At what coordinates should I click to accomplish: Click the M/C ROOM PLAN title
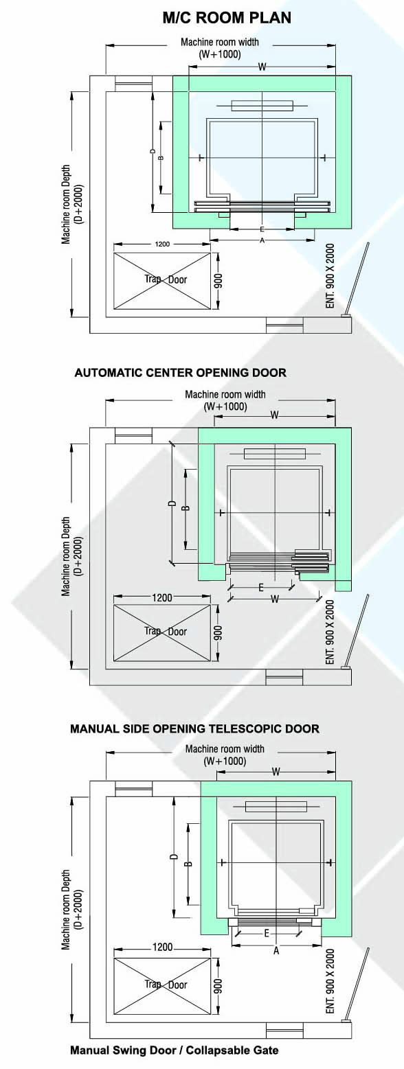227,18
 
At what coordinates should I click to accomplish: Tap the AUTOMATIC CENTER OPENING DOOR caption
181,373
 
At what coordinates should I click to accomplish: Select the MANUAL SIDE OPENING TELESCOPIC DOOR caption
195,728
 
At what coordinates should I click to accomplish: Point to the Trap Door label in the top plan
166,279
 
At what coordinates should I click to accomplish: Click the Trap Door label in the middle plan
166,632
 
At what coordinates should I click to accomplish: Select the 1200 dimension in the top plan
162,244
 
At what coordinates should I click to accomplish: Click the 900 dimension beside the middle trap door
218,633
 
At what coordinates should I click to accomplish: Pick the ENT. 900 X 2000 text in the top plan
330,276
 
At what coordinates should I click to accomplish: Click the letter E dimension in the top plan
262,230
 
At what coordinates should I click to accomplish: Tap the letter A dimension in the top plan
262,240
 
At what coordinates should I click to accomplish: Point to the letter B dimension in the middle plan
186,508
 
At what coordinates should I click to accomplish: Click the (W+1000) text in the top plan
220,54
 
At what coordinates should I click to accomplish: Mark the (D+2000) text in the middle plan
78,556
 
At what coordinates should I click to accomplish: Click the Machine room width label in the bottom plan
225,749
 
